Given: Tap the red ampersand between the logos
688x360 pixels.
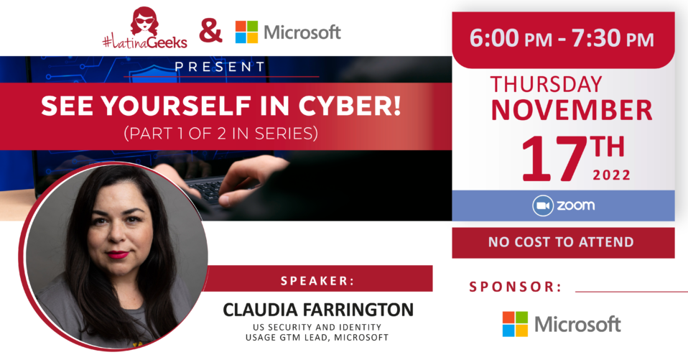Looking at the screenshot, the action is tap(210, 32).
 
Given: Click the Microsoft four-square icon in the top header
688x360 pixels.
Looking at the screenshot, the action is tap(246, 32).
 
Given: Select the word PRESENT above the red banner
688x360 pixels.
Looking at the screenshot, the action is tap(220, 67).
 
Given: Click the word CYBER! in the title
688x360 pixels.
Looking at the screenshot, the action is tap(350, 106).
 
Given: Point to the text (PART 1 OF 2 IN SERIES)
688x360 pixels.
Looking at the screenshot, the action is tap(220, 133).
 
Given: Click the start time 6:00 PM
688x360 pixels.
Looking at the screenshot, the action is tap(511, 38).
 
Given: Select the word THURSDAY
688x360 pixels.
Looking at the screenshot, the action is tap(546, 84).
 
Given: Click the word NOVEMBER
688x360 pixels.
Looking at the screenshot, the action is tap(572, 110).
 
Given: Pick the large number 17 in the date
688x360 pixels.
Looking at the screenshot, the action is tap(554, 159).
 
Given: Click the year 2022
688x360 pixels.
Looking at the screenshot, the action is tap(611, 175).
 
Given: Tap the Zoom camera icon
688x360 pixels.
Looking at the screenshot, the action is tap(543, 206).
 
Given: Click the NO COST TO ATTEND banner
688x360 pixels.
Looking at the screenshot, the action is tap(563, 242).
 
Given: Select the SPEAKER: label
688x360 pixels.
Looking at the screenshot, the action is tap(317, 281).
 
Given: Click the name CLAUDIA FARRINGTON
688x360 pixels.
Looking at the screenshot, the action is tap(318, 310).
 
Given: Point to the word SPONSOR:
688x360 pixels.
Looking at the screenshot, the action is tap(516, 287).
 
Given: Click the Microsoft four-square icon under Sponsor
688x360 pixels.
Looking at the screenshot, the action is tap(515, 324).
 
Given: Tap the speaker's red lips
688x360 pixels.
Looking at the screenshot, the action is tap(118, 254).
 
